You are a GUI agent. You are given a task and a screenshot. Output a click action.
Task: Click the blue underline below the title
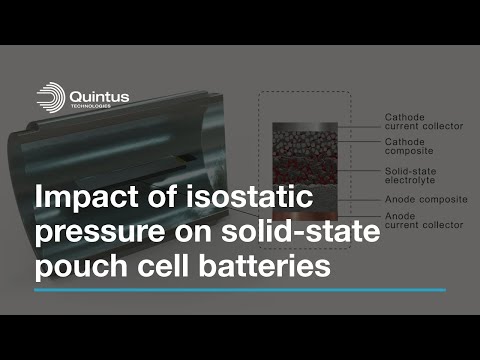[240, 291]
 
